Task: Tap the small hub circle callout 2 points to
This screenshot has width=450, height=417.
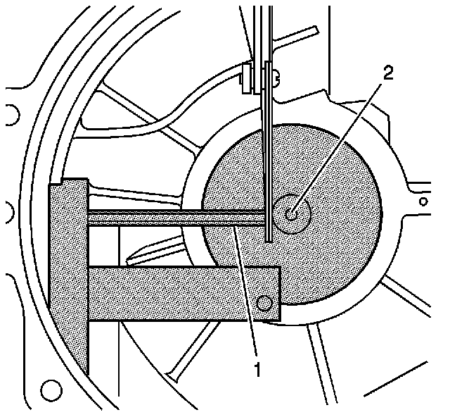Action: point(292,210)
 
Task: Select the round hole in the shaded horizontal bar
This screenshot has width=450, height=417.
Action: point(264,303)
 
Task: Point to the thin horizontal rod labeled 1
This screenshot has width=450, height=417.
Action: point(176,218)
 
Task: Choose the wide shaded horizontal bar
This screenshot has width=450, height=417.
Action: point(183,292)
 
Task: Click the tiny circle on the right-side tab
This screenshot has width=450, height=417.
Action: point(423,201)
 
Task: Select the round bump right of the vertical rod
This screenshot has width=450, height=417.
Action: point(276,75)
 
